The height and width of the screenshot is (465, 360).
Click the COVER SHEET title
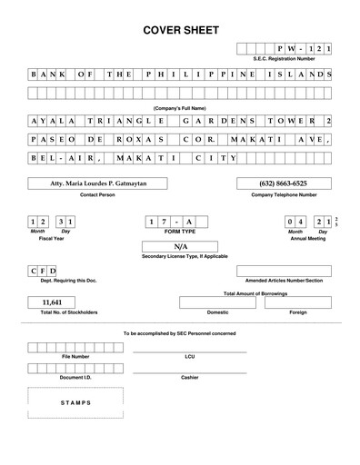[x=181, y=31]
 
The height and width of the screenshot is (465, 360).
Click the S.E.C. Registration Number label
[x=285, y=58]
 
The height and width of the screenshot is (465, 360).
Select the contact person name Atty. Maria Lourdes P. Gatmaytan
[x=96, y=183]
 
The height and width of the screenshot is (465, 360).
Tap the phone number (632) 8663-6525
[x=284, y=183]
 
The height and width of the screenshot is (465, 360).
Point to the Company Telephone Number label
[x=284, y=194]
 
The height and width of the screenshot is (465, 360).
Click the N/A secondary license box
[x=180, y=245]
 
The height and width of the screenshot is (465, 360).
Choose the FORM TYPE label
[x=180, y=231]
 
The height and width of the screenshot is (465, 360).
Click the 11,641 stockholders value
[x=52, y=302]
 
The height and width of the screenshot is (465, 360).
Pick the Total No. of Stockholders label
[x=68, y=312]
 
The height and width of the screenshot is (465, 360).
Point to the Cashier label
[x=189, y=376]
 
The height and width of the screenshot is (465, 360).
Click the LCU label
[x=189, y=357]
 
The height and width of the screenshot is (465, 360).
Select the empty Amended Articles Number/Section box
[x=284, y=271]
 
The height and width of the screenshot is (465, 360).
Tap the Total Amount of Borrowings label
[x=255, y=294]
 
